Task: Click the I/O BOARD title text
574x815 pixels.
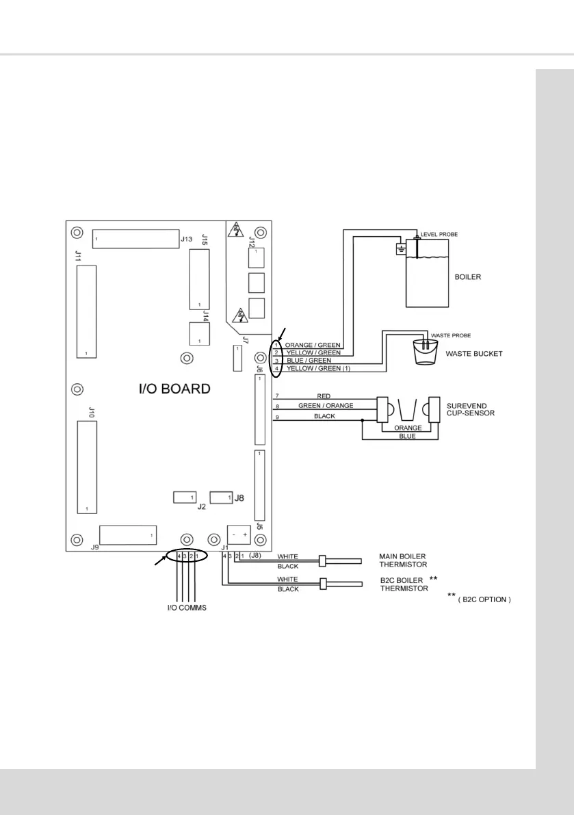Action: (171, 389)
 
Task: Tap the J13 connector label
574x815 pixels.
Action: (186, 240)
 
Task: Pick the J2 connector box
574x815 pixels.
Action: (185, 497)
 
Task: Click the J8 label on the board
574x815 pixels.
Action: (239, 498)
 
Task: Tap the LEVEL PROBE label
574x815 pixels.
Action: (439, 234)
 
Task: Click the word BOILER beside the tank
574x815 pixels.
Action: (469, 279)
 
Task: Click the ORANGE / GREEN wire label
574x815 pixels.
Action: (313, 345)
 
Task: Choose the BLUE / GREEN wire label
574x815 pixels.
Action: (309, 361)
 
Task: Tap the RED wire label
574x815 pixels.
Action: (324, 396)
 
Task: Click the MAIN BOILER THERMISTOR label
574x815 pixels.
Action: (403, 560)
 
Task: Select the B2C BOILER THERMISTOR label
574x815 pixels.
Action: (404, 584)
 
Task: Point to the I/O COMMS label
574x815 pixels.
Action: (187, 607)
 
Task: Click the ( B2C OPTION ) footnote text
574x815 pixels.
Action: (484, 599)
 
